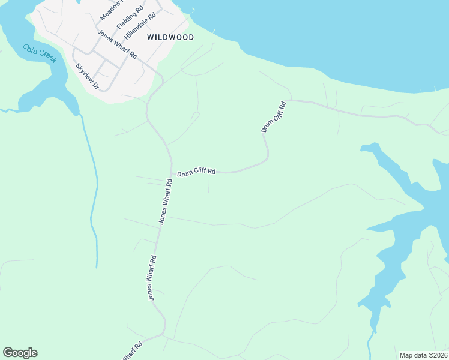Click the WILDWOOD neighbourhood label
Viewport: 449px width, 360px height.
170,37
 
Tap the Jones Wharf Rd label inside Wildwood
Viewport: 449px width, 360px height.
118,46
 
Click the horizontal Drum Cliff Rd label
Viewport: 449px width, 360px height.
196,172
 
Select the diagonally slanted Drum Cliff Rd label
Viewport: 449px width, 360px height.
273,116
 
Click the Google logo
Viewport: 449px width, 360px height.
20,353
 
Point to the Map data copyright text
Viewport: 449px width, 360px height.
424,355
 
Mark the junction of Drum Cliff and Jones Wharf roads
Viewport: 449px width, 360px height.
172,175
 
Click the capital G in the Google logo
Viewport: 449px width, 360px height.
8,352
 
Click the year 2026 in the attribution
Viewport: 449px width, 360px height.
440,355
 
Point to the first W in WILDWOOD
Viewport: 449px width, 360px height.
150,37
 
